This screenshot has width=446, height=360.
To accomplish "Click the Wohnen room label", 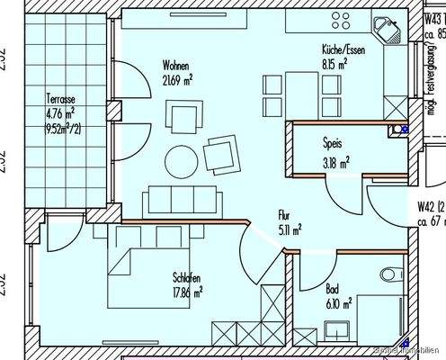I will [x=174, y=66].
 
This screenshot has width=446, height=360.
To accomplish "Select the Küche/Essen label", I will [x=341, y=51].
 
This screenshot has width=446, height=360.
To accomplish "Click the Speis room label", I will [x=333, y=141].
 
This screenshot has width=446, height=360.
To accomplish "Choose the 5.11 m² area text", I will [x=290, y=229].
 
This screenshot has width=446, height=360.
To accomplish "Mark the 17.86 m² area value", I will [x=185, y=291].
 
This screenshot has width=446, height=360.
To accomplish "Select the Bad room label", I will [x=332, y=290].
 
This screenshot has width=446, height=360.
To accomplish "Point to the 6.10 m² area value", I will [x=337, y=303].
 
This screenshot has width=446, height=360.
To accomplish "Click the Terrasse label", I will [x=60, y=100].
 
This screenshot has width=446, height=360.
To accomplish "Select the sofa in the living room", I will [x=183, y=198].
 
